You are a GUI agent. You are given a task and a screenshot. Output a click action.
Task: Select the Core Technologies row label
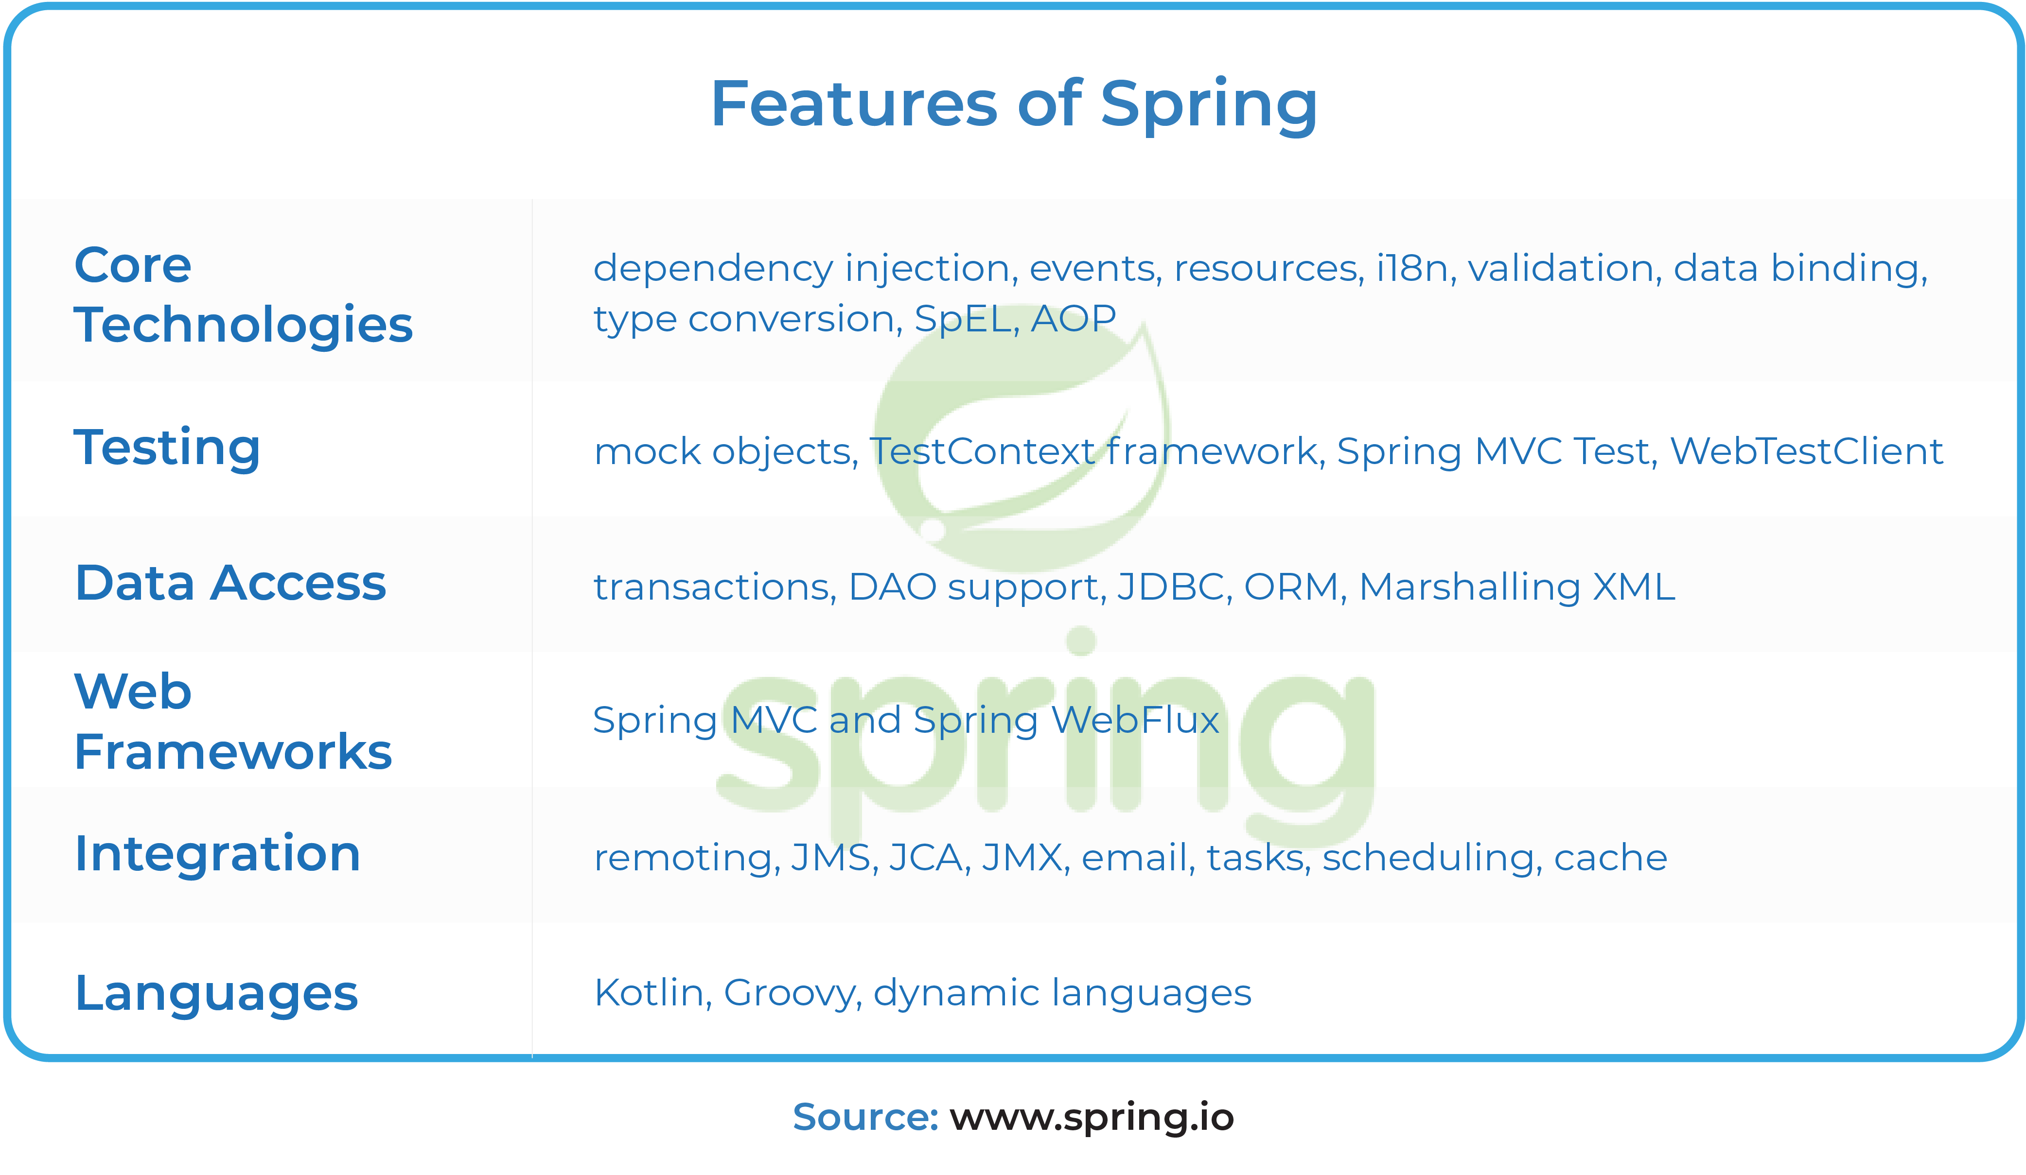(x=243, y=295)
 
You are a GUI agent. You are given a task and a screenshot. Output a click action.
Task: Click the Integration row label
(x=217, y=853)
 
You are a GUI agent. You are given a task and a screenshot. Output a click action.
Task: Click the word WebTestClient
(x=1807, y=451)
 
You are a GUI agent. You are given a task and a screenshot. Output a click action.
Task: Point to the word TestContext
(x=983, y=451)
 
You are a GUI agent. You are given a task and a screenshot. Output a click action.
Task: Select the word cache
(x=1610, y=858)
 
